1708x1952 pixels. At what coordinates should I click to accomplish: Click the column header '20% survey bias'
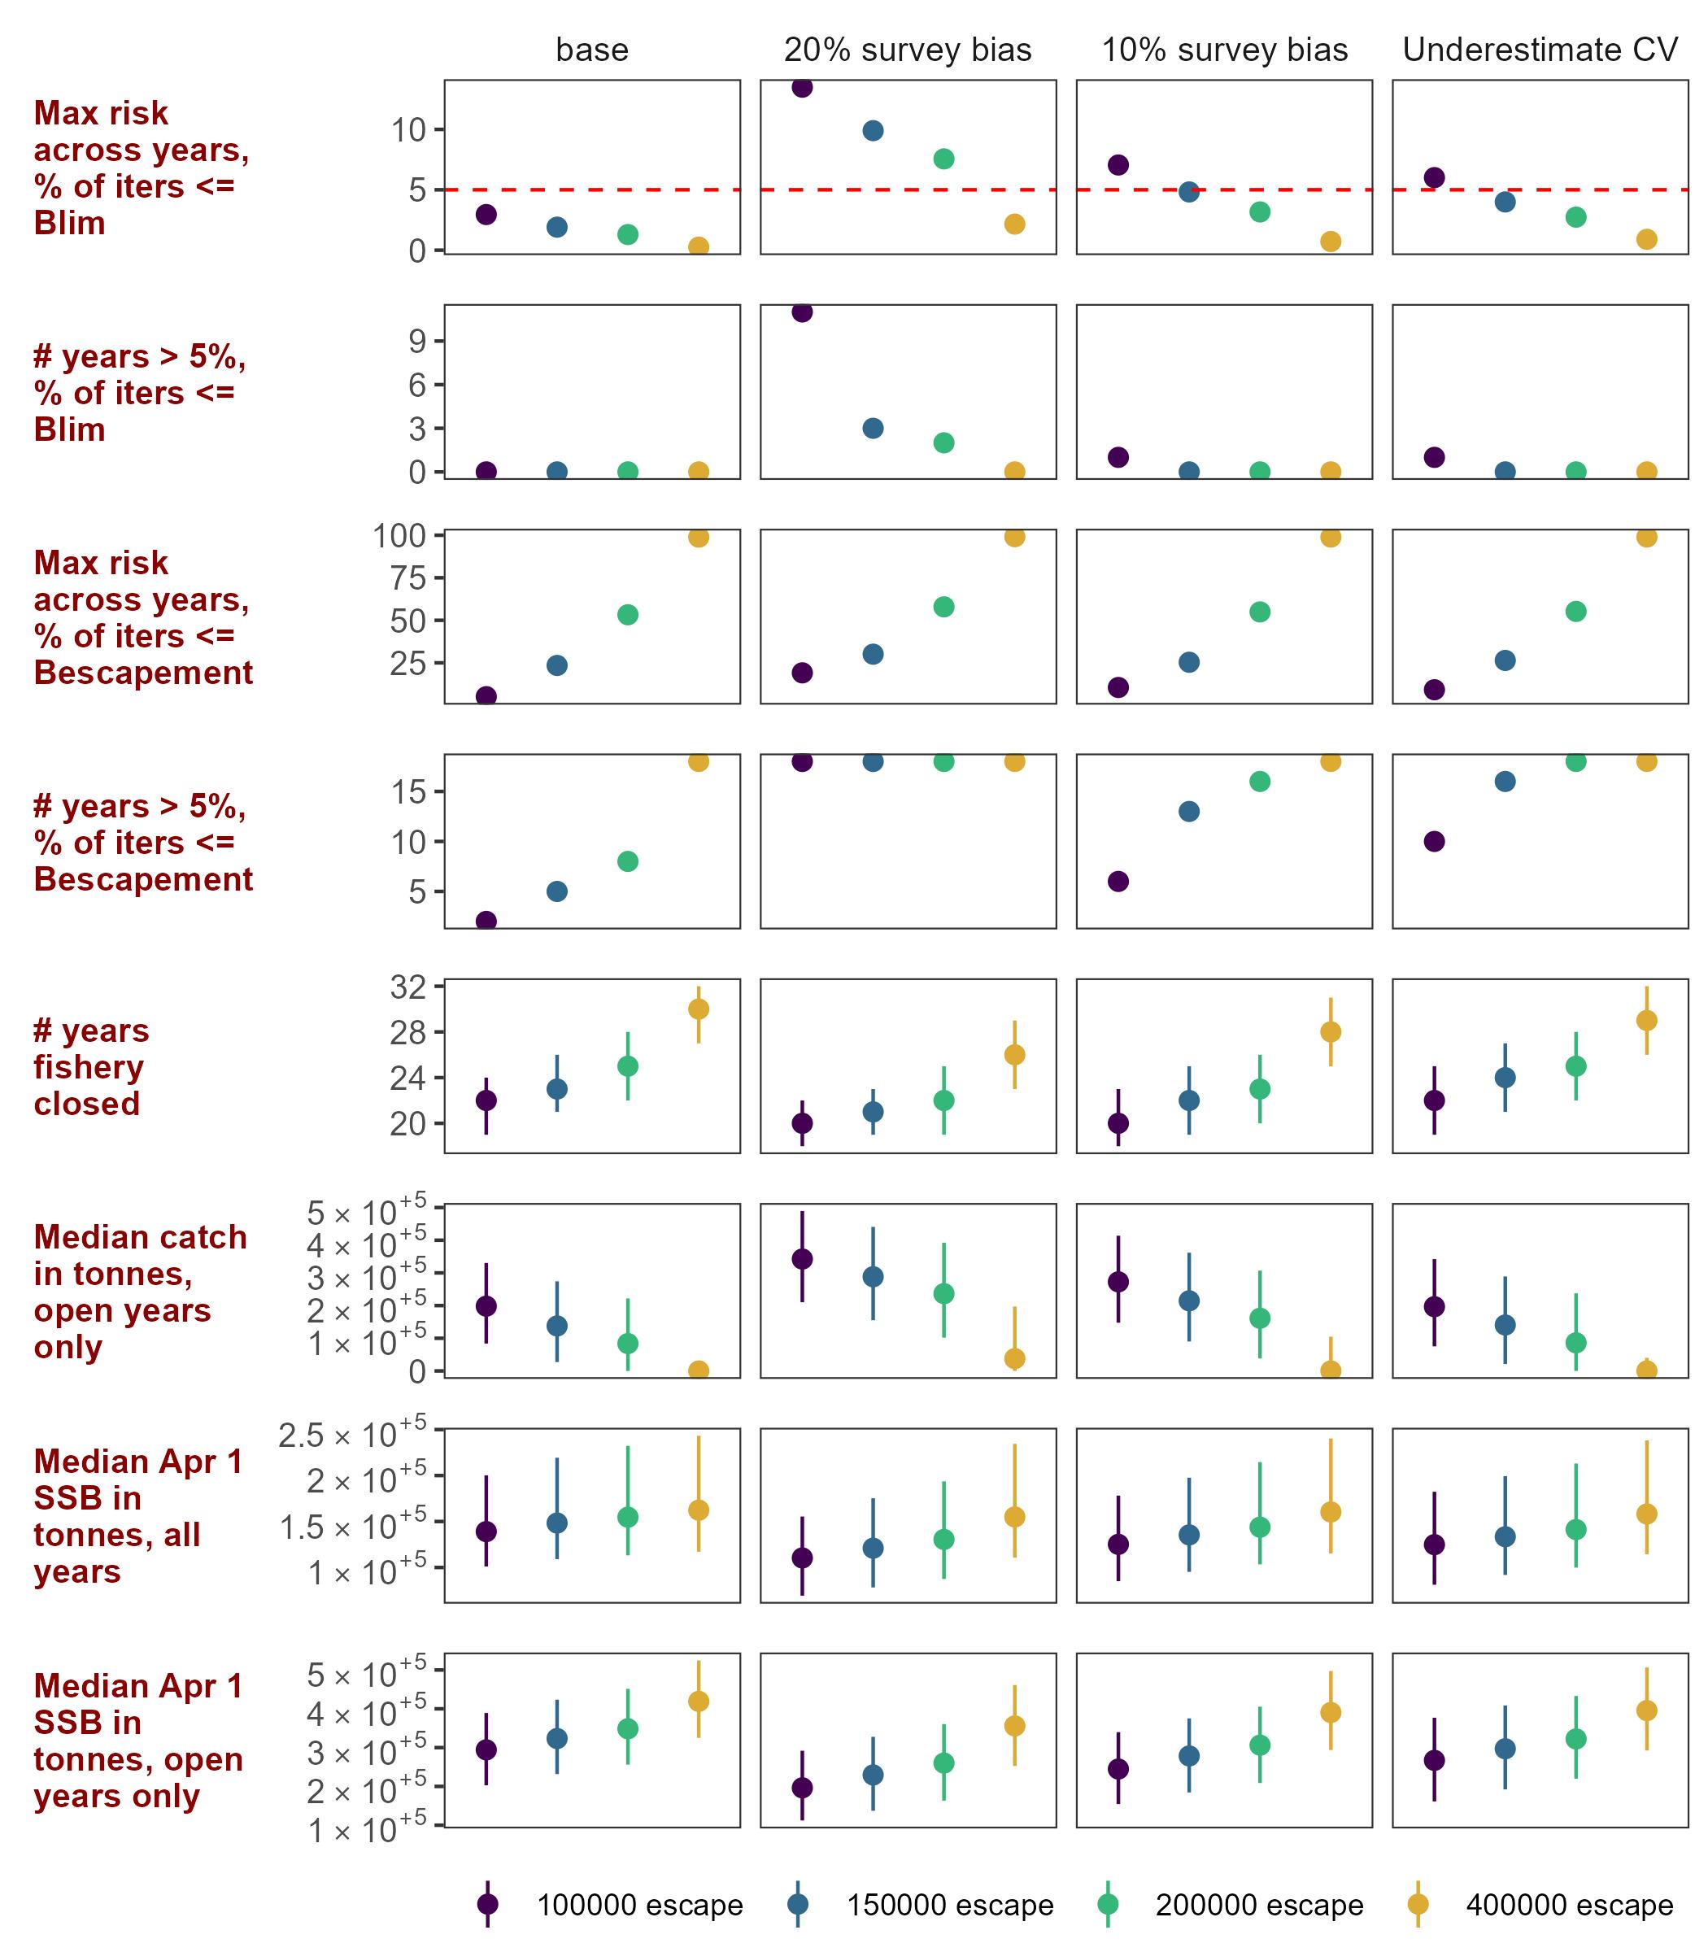908,50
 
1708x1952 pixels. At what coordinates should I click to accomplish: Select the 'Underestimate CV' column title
1540,50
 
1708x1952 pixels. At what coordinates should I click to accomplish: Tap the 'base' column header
592,50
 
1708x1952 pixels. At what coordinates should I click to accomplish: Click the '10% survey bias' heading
1225,50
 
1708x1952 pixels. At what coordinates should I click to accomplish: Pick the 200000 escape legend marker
1108,1904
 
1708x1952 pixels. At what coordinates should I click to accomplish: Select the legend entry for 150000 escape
798,1904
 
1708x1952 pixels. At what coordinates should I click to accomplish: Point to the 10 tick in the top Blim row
409,129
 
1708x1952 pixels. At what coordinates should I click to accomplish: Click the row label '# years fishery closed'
91,1066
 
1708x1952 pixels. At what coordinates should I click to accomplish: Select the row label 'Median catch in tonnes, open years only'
140,1292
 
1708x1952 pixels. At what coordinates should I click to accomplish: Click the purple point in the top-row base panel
486,215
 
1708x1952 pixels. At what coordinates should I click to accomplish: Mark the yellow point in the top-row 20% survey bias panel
1014,224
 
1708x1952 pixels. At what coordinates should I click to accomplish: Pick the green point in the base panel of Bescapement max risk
627,615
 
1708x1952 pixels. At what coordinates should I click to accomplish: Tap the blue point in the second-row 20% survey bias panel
873,428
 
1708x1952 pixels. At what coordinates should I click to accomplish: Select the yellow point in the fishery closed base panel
698,1009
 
